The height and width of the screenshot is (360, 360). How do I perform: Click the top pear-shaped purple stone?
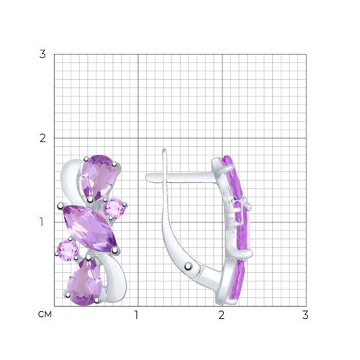pyautogui.click(x=98, y=177)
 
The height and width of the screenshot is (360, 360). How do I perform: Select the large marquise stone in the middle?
pyautogui.click(x=90, y=228)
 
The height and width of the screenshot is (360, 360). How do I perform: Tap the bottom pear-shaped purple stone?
pyautogui.click(x=85, y=282)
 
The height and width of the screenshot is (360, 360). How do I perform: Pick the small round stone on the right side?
pyautogui.click(x=114, y=208)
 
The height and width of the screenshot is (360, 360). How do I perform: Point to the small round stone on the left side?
pyautogui.click(x=68, y=251)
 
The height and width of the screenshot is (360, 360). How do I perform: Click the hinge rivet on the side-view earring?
pyautogui.click(x=189, y=266)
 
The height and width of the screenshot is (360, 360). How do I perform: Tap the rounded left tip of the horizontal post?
pyautogui.click(x=147, y=178)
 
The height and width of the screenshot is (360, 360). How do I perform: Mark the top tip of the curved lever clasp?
pyautogui.click(x=164, y=150)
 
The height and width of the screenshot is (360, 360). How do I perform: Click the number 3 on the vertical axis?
pyautogui.click(x=42, y=54)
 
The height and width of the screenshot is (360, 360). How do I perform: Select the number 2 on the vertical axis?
pyautogui.click(x=42, y=138)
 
